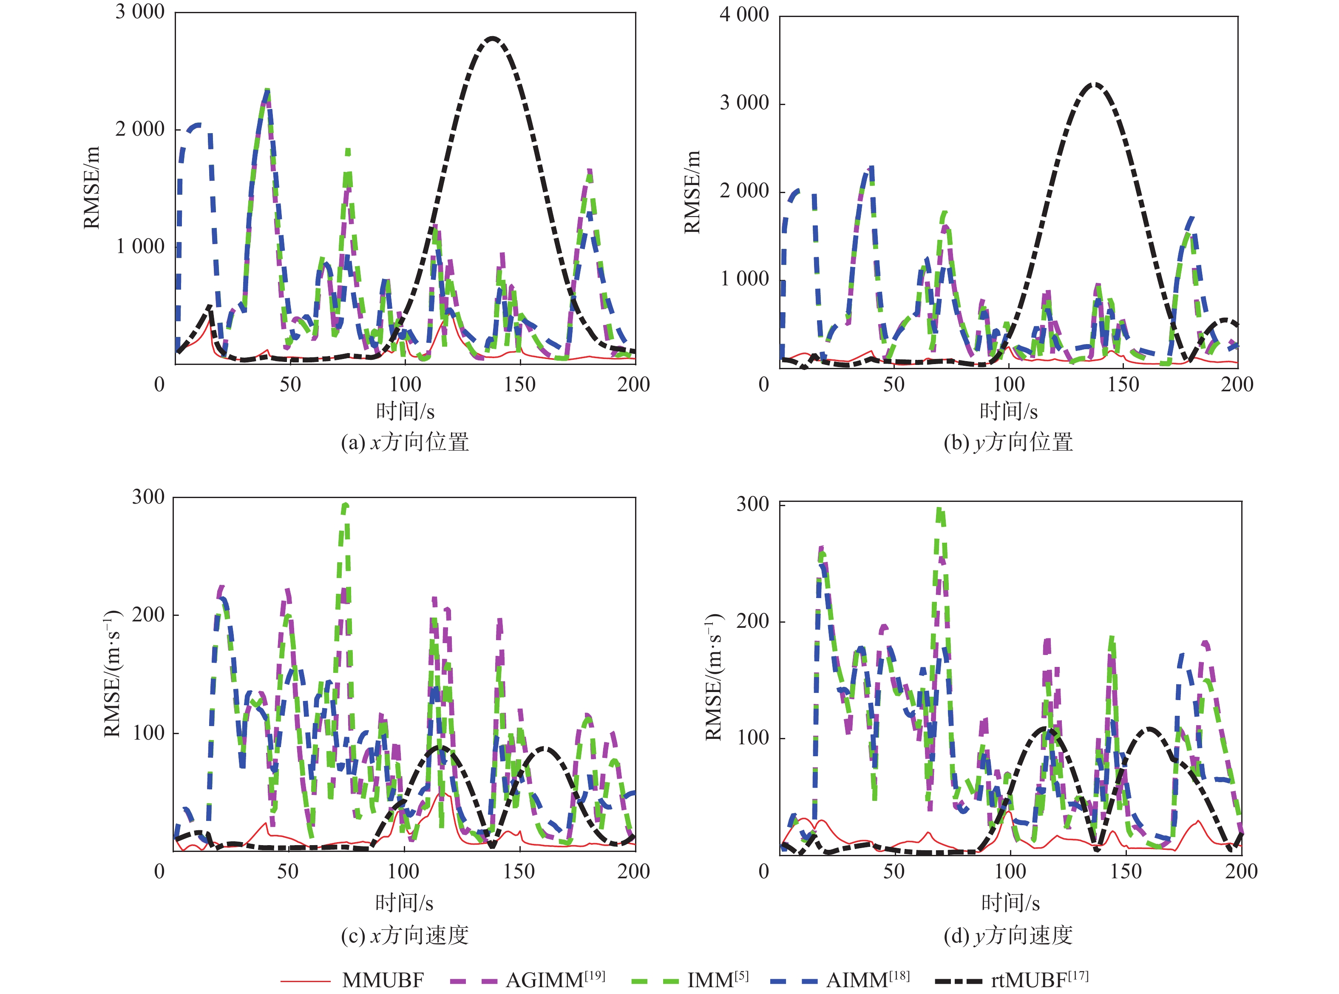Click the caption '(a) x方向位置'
[405, 442]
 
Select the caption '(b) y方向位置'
[1008, 442]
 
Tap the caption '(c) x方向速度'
[405, 935]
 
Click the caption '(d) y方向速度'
[1008, 935]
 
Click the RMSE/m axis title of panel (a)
[91, 188]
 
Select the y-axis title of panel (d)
[714, 677]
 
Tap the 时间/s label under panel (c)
[404, 903]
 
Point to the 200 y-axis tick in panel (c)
[148, 615]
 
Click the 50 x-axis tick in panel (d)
[894, 871]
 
